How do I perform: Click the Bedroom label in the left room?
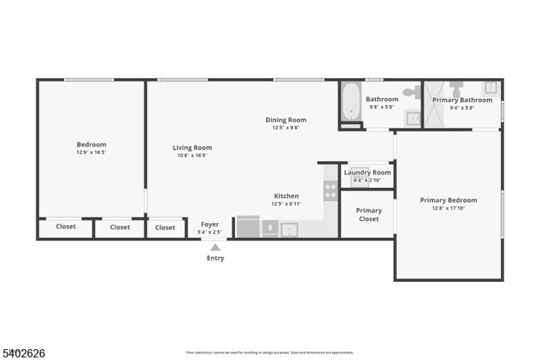point(91,144)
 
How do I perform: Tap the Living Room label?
point(192,147)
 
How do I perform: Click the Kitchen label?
point(286,196)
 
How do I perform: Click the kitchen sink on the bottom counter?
point(289,229)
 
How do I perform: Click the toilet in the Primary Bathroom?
point(456,89)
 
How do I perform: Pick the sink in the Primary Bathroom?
point(491,86)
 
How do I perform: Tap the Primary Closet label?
point(368,215)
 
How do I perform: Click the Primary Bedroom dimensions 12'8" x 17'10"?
point(449,209)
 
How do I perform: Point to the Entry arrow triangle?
point(215,247)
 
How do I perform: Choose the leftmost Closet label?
point(66,227)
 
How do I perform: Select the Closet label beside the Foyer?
point(165,227)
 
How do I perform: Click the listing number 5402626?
point(23,353)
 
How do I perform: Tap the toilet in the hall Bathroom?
point(411,91)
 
